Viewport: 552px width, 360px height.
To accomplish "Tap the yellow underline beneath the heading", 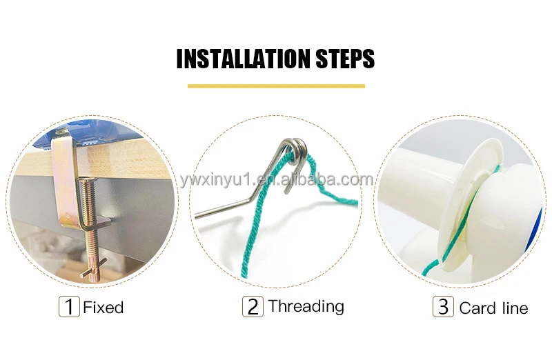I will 276,86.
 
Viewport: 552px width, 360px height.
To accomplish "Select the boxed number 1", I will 68,306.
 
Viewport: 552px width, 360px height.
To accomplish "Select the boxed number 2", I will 253,306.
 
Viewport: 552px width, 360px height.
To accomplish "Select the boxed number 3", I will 442,306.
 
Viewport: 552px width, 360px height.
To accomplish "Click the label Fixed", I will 103,307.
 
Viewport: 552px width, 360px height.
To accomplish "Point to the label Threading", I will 306,306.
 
